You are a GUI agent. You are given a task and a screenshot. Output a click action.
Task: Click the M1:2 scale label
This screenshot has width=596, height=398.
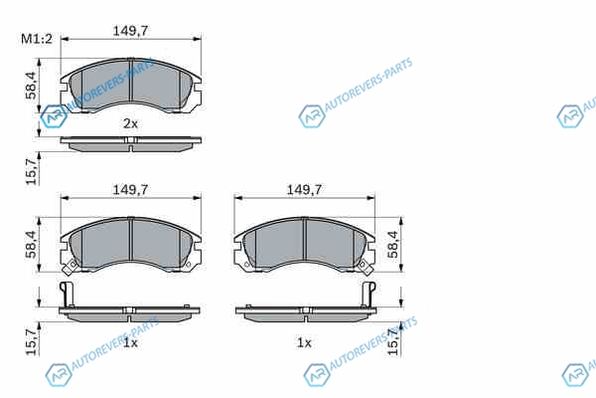coord(37,39)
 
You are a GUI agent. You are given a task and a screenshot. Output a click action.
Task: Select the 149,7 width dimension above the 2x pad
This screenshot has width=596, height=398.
coord(130,31)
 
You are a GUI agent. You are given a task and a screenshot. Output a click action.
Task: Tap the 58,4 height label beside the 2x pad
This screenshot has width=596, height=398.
coord(31,86)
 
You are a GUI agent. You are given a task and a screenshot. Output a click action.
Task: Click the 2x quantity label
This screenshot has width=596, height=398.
coord(130,123)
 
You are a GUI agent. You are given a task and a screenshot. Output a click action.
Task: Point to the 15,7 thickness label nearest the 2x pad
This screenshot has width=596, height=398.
coord(31,172)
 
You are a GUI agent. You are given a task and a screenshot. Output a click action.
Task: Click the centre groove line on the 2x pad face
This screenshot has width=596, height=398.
coord(130,80)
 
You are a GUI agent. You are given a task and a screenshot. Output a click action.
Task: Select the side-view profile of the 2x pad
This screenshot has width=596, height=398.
coord(130,144)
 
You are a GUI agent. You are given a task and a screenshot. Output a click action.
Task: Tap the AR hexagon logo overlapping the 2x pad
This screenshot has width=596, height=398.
coord(54,116)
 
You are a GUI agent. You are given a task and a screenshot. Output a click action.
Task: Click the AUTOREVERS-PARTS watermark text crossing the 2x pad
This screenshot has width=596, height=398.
coord(111,85)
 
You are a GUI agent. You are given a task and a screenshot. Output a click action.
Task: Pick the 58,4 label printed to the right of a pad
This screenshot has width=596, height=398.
coord(393,245)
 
